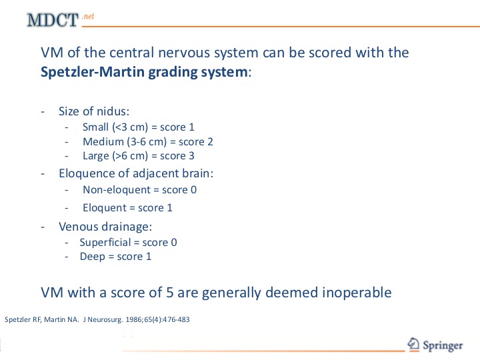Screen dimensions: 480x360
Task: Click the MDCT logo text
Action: (53, 20)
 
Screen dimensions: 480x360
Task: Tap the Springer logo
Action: (435, 345)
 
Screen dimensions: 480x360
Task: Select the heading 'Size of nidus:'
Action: (94, 111)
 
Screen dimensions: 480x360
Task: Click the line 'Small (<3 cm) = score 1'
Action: (139, 127)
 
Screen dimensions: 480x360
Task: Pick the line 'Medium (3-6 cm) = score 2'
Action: (148, 142)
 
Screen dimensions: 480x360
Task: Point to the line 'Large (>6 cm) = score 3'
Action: (139, 156)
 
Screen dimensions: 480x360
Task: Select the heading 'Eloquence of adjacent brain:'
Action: (136, 173)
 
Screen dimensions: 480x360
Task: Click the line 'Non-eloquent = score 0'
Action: (139, 190)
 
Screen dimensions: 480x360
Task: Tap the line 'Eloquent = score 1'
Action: (127, 208)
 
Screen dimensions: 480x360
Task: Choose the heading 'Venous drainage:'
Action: (105, 227)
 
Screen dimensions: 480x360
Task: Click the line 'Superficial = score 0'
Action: (128, 243)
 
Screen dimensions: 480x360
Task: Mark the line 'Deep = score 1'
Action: (115, 257)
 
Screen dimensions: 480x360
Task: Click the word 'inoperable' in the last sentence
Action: (357, 293)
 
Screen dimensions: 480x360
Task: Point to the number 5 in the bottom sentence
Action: (170, 293)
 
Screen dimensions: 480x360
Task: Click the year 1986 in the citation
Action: (133, 319)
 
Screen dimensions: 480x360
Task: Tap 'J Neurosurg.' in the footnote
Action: (103, 320)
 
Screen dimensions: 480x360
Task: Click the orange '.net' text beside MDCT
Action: (88, 16)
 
